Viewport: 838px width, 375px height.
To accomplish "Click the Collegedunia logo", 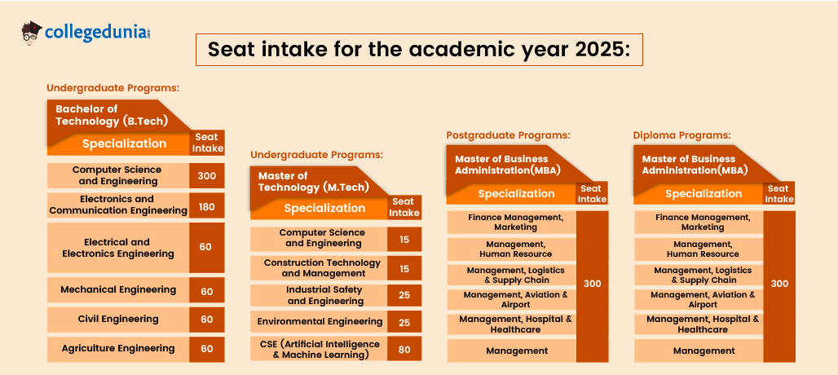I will point(86,33).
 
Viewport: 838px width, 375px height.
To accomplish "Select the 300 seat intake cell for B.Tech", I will point(206,176).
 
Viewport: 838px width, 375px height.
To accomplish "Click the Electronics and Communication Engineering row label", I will point(117,205).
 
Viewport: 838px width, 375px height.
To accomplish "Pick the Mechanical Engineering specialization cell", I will point(117,289).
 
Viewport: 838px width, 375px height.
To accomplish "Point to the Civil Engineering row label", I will point(117,319).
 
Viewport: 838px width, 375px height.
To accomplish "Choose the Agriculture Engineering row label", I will point(117,348).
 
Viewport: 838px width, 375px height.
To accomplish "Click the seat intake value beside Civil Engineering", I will point(206,319).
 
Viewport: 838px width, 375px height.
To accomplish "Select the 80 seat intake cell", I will point(404,348).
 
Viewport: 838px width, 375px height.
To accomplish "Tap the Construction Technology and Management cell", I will point(322,268).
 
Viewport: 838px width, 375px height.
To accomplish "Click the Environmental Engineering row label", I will point(320,321).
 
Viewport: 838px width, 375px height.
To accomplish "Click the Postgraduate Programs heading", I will point(508,135).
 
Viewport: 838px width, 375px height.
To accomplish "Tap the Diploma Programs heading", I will point(681,135).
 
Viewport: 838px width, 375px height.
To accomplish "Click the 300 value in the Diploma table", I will point(779,284).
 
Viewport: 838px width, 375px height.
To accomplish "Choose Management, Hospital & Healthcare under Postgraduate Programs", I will point(515,324).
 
